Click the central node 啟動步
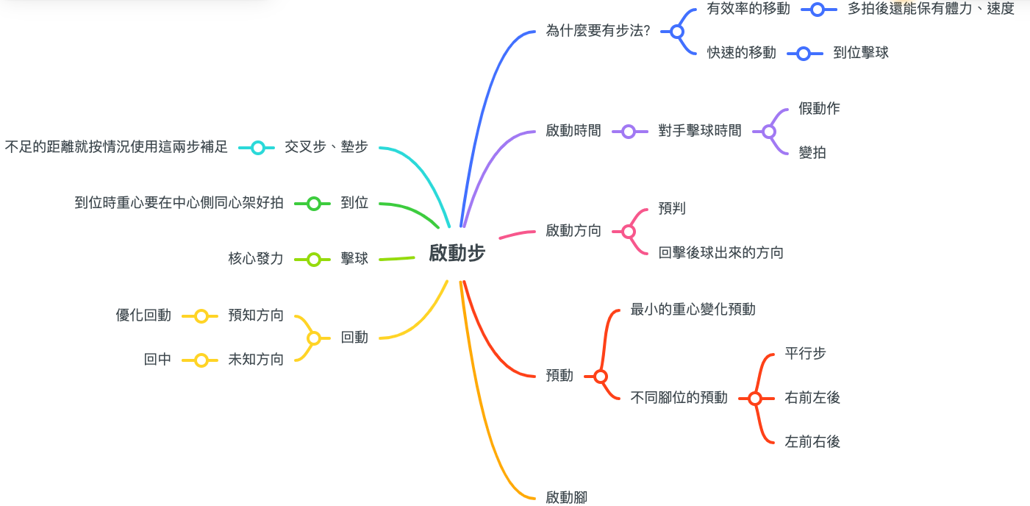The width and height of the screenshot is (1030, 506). pos(457,253)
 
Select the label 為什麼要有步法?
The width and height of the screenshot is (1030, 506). pos(598,31)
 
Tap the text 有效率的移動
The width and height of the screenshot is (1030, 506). pos(748,9)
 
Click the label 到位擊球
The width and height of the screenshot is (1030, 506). pos(861,53)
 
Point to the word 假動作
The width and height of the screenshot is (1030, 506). pos(819,109)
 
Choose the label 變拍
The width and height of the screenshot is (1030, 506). pos(812,153)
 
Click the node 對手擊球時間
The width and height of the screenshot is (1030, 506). pos(700,132)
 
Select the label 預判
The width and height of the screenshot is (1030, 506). pos(672,208)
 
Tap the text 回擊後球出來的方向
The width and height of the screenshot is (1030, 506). pos(721,253)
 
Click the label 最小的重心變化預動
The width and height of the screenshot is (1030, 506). pos(693,309)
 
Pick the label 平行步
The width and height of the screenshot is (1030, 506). pos(805,353)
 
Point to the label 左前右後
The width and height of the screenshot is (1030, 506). pos(812,441)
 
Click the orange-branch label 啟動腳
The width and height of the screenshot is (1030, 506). pos(566,497)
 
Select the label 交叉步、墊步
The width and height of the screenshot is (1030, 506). pos(326,147)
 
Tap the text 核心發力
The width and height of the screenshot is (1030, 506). pos(256,259)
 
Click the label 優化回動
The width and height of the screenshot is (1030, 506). pos(143,316)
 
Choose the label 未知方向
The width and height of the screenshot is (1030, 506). pos(256,360)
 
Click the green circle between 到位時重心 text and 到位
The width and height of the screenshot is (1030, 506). pos(314,204)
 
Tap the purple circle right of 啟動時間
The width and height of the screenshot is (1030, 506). pos(629,132)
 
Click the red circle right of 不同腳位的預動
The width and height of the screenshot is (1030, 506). pos(755,399)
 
